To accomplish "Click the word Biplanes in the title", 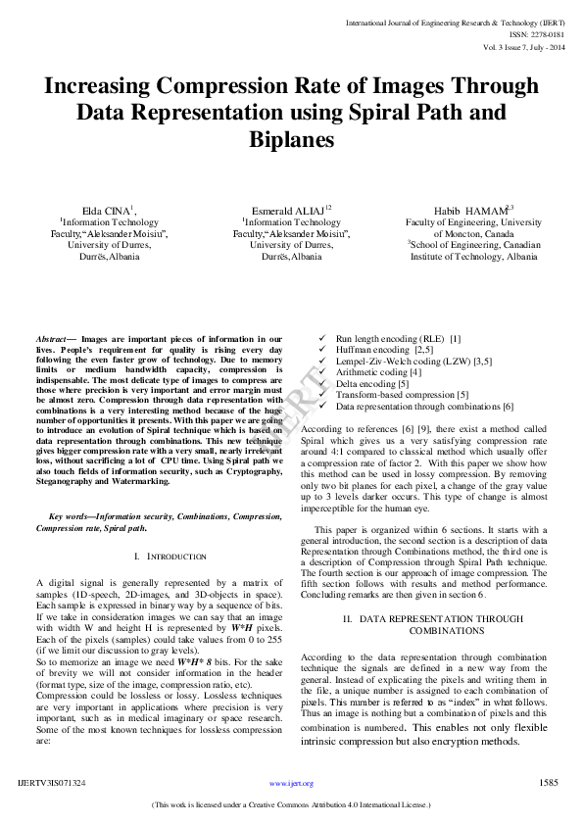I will click(x=291, y=140).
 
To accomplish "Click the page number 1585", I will click(x=549, y=783).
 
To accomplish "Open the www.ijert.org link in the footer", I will click(x=291, y=784).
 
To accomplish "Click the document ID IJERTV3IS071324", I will click(x=52, y=784).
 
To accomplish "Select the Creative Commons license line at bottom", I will click(x=291, y=804).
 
